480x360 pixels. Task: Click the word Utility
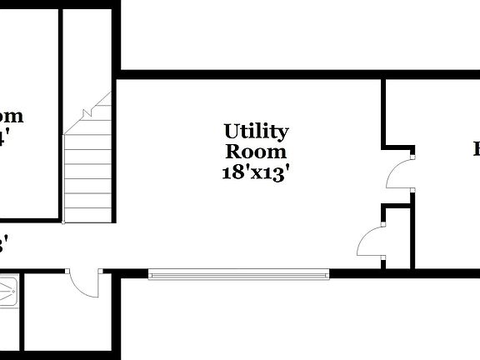[x=256, y=132]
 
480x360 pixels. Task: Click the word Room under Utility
[x=256, y=152]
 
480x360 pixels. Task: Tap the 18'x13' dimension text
[x=256, y=173]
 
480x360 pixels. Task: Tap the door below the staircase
[x=85, y=282]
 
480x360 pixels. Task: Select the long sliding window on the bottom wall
[x=239, y=273]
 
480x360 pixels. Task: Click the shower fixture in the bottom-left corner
[x=7, y=292]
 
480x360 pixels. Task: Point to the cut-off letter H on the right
[x=476, y=150]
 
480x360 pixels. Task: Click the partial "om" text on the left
[x=10, y=117]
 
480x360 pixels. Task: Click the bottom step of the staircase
[x=87, y=214]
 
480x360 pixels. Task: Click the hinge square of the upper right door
[x=412, y=154]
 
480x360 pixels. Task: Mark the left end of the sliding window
[x=151, y=273]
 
